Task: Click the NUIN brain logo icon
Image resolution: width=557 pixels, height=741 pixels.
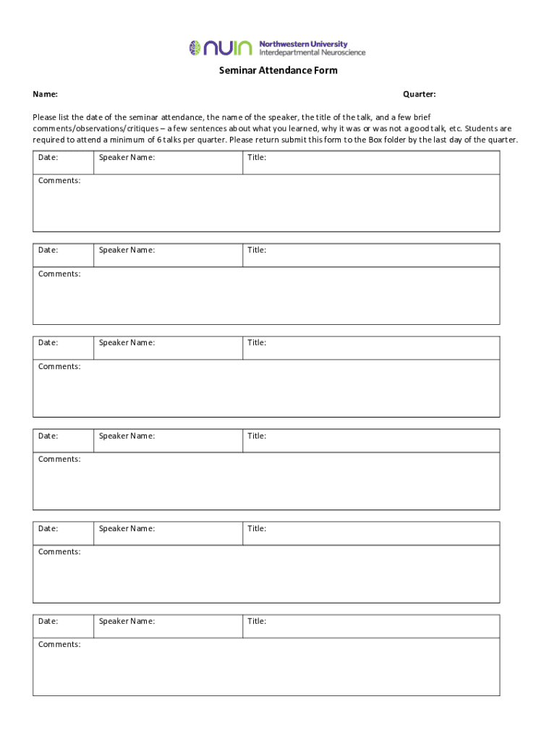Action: pyautogui.click(x=195, y=48)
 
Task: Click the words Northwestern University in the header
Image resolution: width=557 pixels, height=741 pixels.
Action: pyautogui.click(x=303, y=44)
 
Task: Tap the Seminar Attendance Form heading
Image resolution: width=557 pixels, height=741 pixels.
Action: pyautogui.click(x=278, y=71)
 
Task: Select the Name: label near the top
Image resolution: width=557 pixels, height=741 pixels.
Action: pyautogui.click(x=45, y=95)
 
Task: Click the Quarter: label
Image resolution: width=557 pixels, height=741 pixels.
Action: pyautogui.click(x=420, y=95)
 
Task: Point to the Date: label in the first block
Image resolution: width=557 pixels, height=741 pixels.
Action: pyautogui.click(x=48, y=158)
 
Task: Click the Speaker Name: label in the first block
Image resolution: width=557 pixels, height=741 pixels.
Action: pyautogui.click(x=127, y=158)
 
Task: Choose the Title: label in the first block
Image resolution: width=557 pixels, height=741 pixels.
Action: pyautogui.click(x=257, y=158)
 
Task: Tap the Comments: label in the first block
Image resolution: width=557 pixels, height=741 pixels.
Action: pyautogui.click(x=59, y=180)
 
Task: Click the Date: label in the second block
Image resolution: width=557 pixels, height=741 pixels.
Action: pyautogui.click(x=48, y=250)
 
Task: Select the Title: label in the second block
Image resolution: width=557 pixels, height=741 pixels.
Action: pyautogui.click(x=257, y=250)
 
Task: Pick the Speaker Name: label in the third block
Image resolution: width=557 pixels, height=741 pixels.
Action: pyautogui.click(x=127, y=343)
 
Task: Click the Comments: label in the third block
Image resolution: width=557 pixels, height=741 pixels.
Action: pyautogui.click(x=59, y=366)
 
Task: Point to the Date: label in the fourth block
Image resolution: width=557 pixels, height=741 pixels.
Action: pyautogui.click(x=48, y=436)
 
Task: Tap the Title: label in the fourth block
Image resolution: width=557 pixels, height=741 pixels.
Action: pyautogui.click(x=257, y=436)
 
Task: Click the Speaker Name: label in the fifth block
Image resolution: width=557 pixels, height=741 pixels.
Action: pyautogui.click(x=127, y=528)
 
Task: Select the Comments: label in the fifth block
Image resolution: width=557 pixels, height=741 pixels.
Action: pyautogui.click(x=59, y=551)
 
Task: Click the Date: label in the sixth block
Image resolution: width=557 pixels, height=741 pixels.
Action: pyautogui.click(x=48, y=621)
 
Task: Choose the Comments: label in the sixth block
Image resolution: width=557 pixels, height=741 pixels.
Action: pyautogui.click(x=59, y=644)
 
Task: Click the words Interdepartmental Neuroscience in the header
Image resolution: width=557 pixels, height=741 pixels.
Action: pyautogui.click(x=312, y=53)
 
